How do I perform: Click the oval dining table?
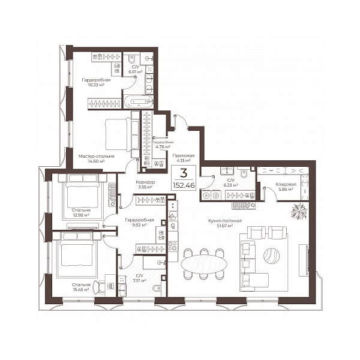(204, 264)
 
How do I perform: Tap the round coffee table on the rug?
(271, 256)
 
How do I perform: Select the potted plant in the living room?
(299, 211)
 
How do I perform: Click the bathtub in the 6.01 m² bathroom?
(139, 101)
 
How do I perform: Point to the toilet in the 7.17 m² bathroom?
(157, 287)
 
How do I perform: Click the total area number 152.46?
(184, 185)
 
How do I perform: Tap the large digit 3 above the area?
(184, 173)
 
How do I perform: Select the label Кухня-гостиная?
(225, 221)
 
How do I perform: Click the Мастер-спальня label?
(96, 157)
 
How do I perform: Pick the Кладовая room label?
(286, 184)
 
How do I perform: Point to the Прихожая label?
(184, 155)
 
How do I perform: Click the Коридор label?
(145, 182)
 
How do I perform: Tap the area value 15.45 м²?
(81, 290)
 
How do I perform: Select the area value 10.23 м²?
(97, 85)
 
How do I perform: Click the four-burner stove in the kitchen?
(173, 246)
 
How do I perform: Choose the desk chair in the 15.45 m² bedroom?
(100, 287)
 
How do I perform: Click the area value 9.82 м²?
(139, 225)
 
